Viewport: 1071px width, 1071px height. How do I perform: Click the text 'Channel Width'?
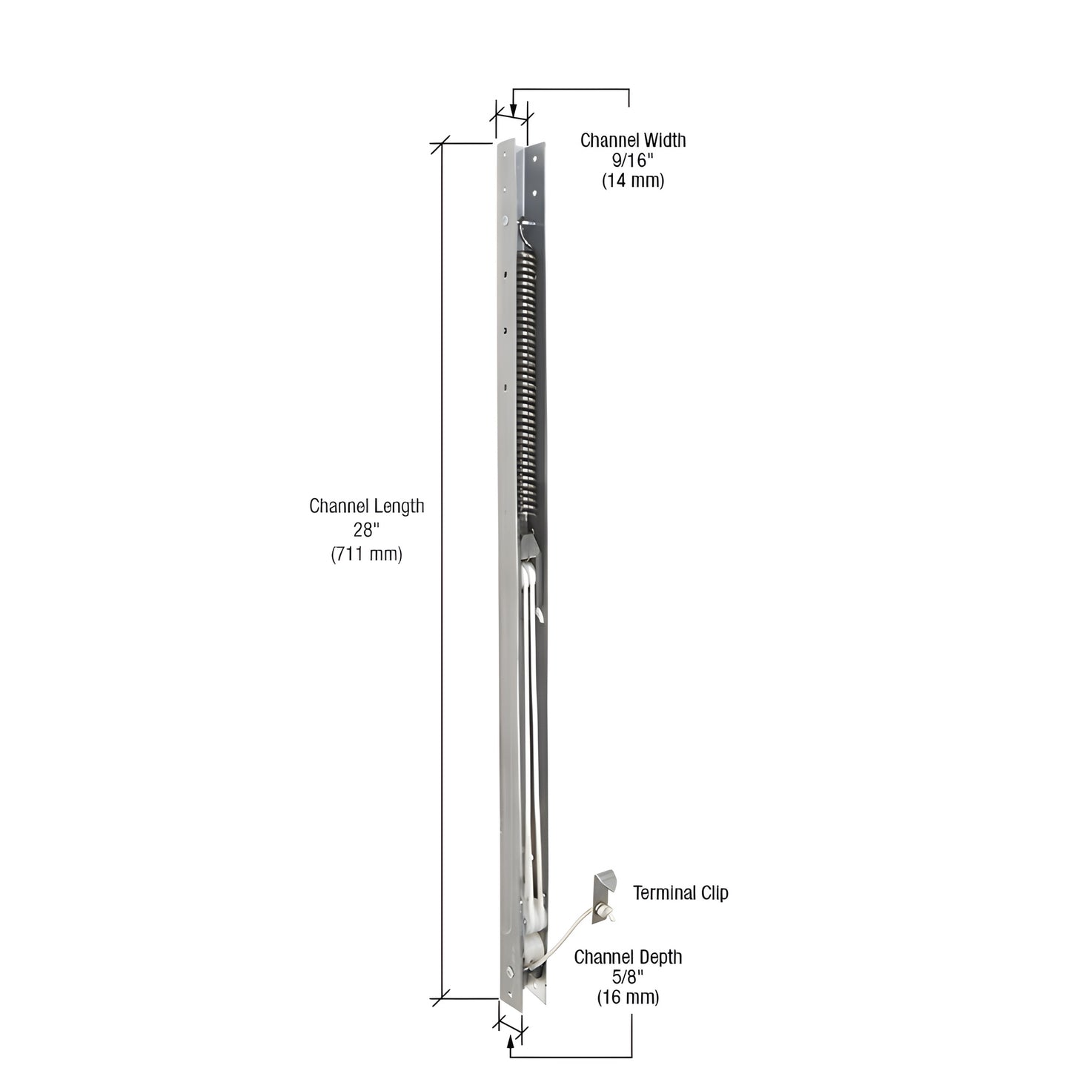coord(632,140)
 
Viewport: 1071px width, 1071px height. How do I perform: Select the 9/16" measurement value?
coord(632,160)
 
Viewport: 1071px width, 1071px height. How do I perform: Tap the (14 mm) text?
coord(632,180)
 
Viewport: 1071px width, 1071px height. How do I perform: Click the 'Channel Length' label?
coord(366,506)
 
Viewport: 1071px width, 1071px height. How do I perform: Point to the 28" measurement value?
coord(366,530)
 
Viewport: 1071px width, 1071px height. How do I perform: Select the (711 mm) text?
coord(366,554)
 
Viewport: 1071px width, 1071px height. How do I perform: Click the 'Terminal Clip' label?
coord(680,893)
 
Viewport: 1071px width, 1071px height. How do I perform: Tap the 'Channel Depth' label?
coord(628,957)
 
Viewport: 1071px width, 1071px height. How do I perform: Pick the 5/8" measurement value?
coord(628,977)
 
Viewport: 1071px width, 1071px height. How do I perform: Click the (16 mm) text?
coord(628,997)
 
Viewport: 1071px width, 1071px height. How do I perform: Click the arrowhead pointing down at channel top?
coord(513,111)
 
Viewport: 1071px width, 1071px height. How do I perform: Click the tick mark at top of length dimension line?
coord(442,144)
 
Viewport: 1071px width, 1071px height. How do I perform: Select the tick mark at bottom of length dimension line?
coord(442,998)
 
